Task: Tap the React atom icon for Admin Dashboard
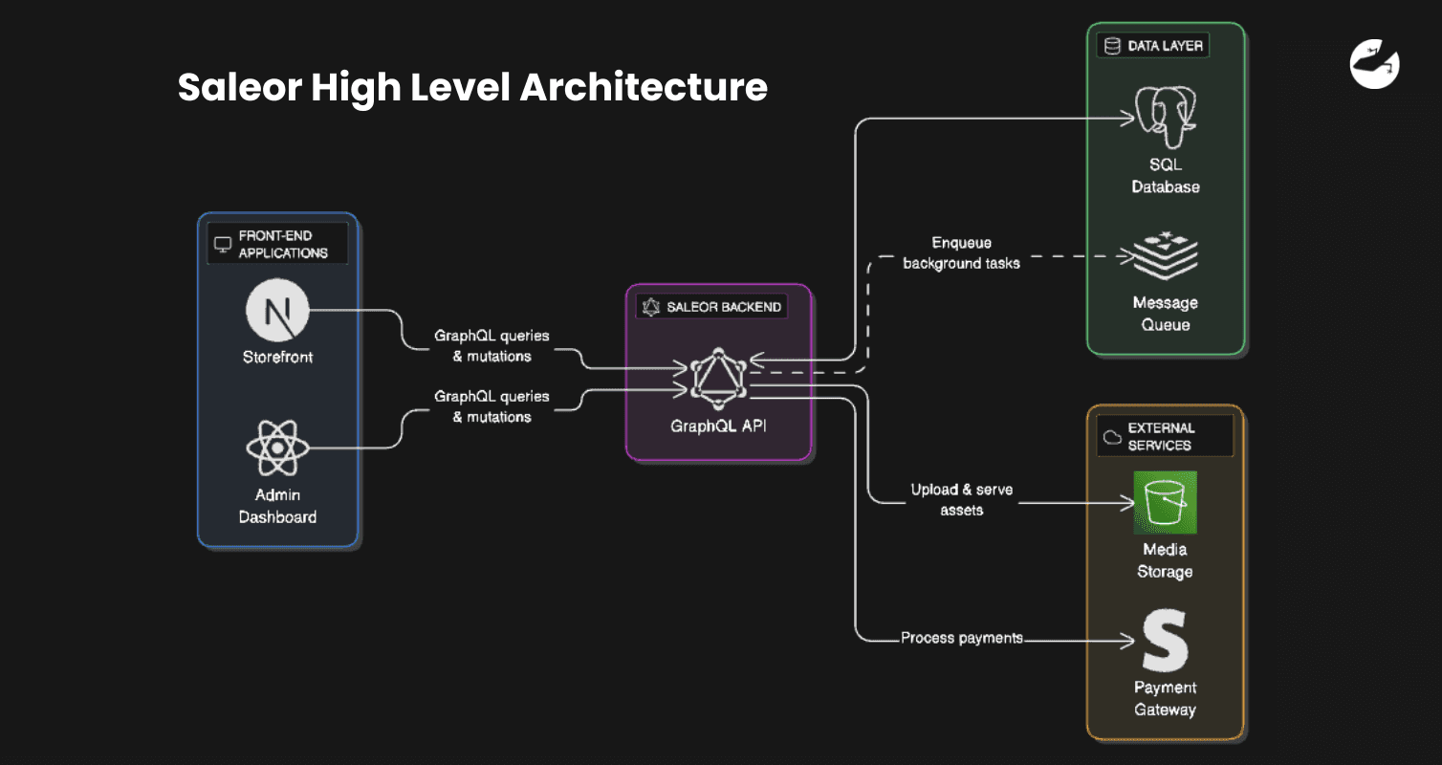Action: (x=277, y=448)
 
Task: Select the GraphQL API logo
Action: (x=718, y=376)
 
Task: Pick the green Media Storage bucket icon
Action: (x=1165, y=502)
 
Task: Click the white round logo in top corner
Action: (x=1374, y=65)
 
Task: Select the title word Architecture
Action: (x=644, y=88)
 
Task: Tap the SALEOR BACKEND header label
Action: (x=724, y=307)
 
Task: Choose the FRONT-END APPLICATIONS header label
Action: (x=282, y=244)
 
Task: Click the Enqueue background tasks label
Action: (x=961, y=252)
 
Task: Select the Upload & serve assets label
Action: (x=961, y=499)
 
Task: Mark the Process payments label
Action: (x=961, y=638)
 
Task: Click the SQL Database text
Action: (x=1165, y=176)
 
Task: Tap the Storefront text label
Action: (x=277, y=358)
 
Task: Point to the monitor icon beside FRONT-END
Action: (x=223, y=245)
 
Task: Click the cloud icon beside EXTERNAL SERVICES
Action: (x=1112, y=437)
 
